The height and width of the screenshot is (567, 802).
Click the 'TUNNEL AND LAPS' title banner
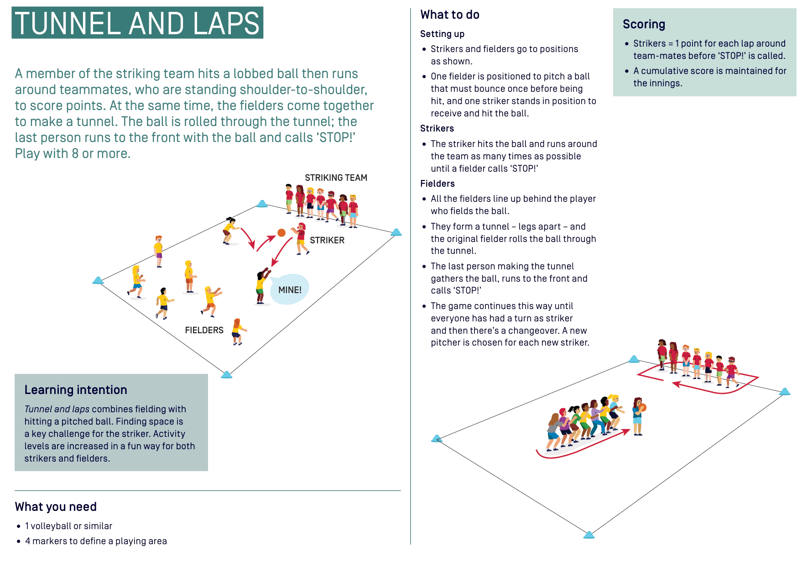point(137,23)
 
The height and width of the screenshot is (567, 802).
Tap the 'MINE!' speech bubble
point(290,289)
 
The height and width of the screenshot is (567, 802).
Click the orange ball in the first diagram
point(281,233)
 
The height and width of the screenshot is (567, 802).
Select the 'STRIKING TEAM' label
point(336,178)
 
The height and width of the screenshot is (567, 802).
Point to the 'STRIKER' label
point(327,240)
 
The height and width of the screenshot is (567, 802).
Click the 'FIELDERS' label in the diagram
point(204,330)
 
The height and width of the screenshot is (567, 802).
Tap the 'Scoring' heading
point(644,24)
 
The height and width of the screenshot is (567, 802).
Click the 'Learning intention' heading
point(76,390)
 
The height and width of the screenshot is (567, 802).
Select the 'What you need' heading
point(56,507)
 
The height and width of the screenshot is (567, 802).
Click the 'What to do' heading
point(450,15)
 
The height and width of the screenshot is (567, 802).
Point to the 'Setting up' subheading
point(442,34)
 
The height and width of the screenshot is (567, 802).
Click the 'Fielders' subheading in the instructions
point(437,184)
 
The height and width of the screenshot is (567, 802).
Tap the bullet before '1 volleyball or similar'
point(19,526)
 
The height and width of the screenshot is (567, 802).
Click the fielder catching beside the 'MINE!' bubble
point(261,286)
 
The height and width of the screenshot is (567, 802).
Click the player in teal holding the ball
point(638,416)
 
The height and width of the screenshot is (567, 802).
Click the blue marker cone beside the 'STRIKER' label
point(396,232)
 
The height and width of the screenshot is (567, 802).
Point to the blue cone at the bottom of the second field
point(589,535)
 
